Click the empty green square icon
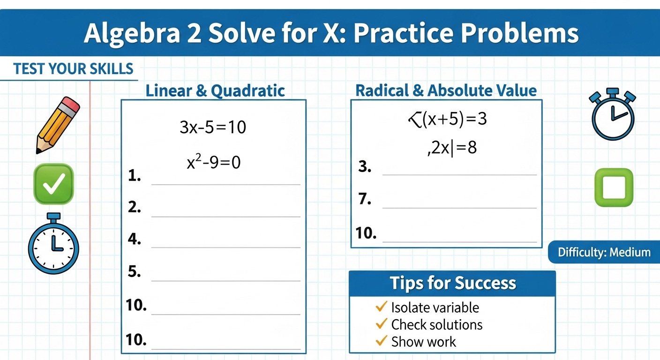pos(614,187)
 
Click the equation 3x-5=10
pos(213,127)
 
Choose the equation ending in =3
pos(448,119)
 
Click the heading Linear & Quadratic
pos(215,90)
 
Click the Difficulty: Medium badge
pos(604,253)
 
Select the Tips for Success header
pos(452,283)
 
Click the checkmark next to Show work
pos(381,341)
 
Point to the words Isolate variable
pos(435,307)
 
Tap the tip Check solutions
pos(436,324)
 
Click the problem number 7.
pos(364,199)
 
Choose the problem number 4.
pos(134,240)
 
